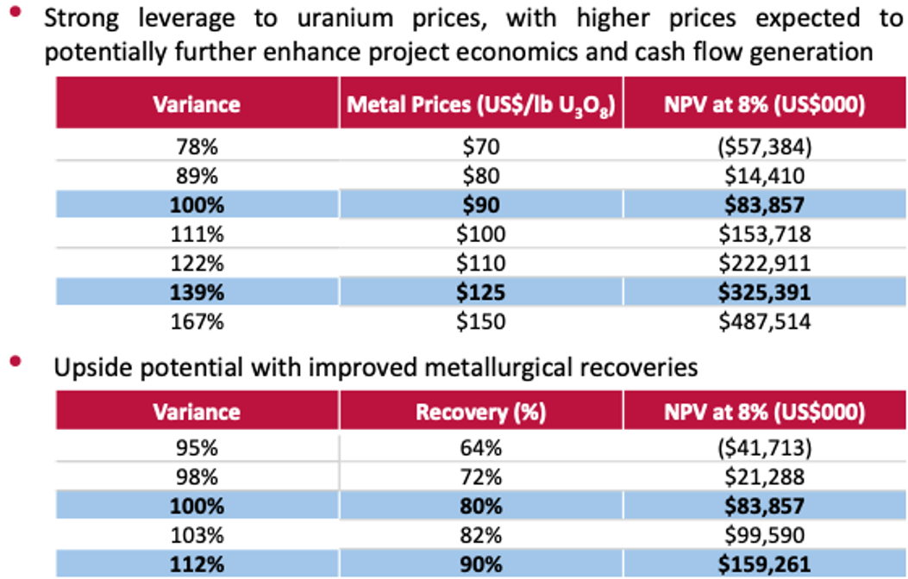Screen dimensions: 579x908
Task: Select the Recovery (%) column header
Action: [480, 412]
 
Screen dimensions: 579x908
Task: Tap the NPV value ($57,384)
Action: [763, 147]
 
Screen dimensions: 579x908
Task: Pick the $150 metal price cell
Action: [480, 322]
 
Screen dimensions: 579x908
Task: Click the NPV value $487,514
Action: [763, 322]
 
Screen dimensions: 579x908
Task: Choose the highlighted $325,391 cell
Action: [763, 293]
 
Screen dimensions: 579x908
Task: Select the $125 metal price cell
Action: [480, 293]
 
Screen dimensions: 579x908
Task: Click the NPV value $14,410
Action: [763, 177]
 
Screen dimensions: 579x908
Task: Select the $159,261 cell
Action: [763, 563]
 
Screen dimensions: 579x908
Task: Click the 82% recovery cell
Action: [480, 535]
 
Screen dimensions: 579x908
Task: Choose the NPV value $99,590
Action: [763, 535]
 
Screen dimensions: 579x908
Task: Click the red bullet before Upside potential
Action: [15, 363]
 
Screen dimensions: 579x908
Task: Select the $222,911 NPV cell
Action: [763, 264]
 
